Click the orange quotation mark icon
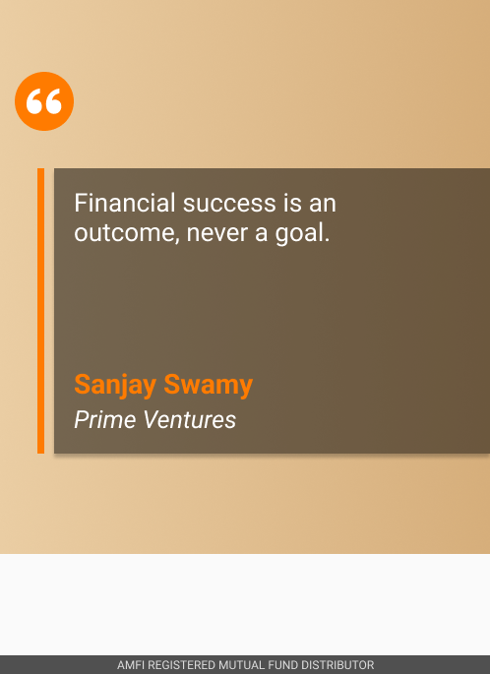44,101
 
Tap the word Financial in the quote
125,203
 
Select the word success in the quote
229,204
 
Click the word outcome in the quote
127,233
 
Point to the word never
217,234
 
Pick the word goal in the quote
299,233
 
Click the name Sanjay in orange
115,385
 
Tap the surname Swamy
208,385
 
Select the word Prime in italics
104,419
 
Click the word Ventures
190,419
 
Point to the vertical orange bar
41,311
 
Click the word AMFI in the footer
130,665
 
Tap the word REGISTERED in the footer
181,665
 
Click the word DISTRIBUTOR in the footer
337,665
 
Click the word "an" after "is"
322,205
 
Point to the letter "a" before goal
261,234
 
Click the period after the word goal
327,241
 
